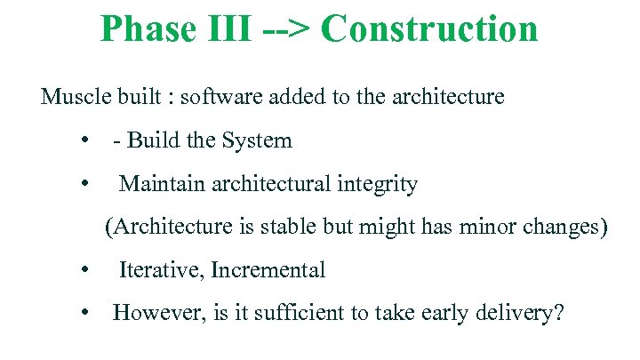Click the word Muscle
[x=70, y=97]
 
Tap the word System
[x=257, y=140]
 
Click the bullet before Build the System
[x=83, y=140]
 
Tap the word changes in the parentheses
[x=560, y=228]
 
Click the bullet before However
[x=83, y=313]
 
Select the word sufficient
[x=302, y=313]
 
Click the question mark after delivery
[x=558, y=313]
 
